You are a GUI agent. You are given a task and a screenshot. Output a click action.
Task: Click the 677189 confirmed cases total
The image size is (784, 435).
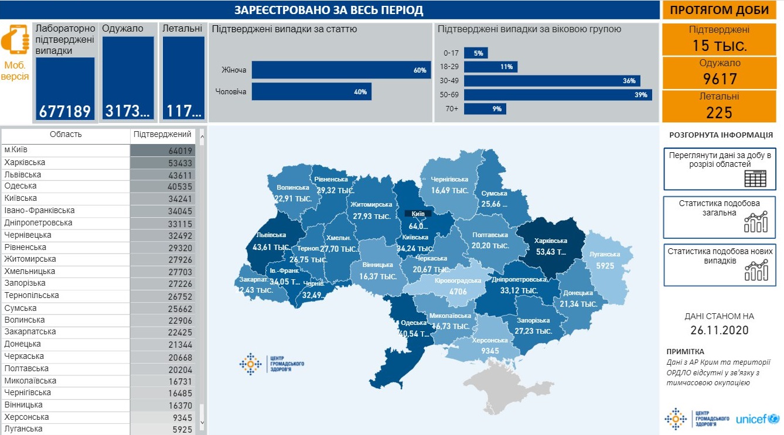point(65,111)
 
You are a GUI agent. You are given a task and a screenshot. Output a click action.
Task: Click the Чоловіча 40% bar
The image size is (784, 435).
point(311,91)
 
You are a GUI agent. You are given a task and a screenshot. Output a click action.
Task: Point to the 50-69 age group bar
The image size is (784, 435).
point(558,95)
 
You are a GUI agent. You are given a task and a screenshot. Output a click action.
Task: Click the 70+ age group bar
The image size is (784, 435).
point(485,108)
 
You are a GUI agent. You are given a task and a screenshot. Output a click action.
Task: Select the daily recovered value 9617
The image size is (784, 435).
point(720,78)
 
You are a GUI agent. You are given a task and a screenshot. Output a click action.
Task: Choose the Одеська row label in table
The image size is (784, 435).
point(21,187)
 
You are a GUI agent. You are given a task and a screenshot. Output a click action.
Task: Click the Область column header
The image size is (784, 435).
point(66,135)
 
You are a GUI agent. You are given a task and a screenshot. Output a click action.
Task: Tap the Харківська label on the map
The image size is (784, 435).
point(551,241)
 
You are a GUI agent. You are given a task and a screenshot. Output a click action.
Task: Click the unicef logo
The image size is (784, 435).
point(756,419)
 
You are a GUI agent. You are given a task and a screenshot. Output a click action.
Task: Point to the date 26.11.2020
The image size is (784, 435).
point(720,331)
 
